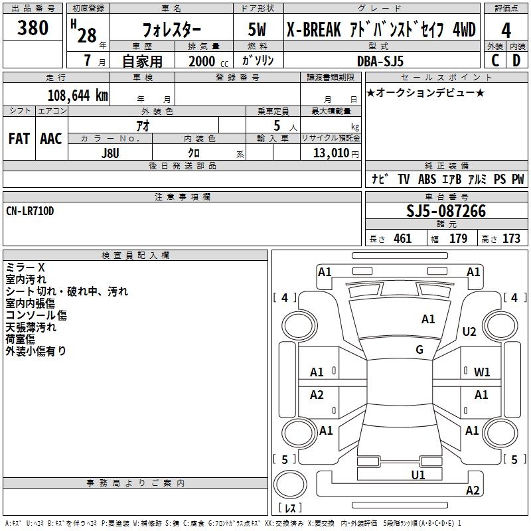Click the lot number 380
pyautogui.click(x=33, y=28)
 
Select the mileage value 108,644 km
pyautogui.click(x=78, y=96)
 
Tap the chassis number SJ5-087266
pyautogui.click(x=446, y=211)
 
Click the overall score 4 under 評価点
pyautogui.click(x=506, y=31)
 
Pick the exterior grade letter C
pyautogui.click(x=495, y=60)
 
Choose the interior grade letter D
pyautogui.click(x=516, y=60)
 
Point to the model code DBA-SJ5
pyautogui.click(x=380, y=61)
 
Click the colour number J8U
pyautogui.click(x=110, y=153)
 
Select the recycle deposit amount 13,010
pyautogui.click(x=331, y=153)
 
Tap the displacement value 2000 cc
pyautogui.click(x=208, y=61)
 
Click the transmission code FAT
pyautogui.click(x=19, y=139)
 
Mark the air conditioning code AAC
pyautogui.click(x=51, y=139)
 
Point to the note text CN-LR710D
pyautogui.click(x=30, y=211)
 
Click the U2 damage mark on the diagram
pyautogui.click(x=469, y=331)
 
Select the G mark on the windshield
pyautogui.click(x=419, y=350)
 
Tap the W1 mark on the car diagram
pyautogui.click(x=482, y=372)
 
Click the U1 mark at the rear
pyautogui.click(x=418, y=475)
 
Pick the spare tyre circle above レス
pyautogui.click(x=290, y=485)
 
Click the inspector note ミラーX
pyautogui.click(x=25, y=267)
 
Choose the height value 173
pyautogui.click(x=511, y=239)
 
